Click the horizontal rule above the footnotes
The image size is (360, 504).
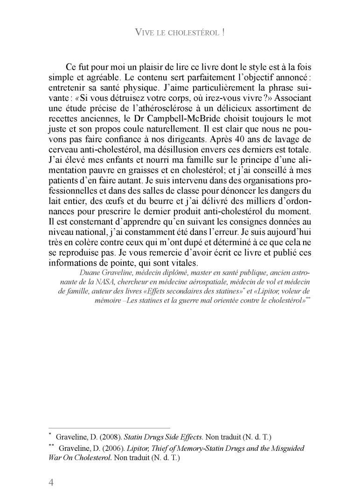pos(109,427)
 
